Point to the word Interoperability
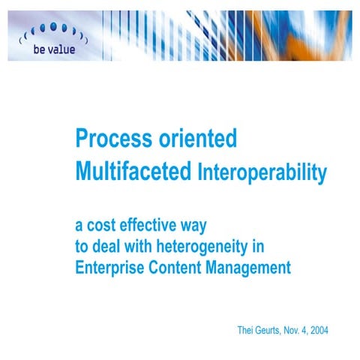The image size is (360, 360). [x=262, y=174]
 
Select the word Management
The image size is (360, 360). [x=252, y=268]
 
